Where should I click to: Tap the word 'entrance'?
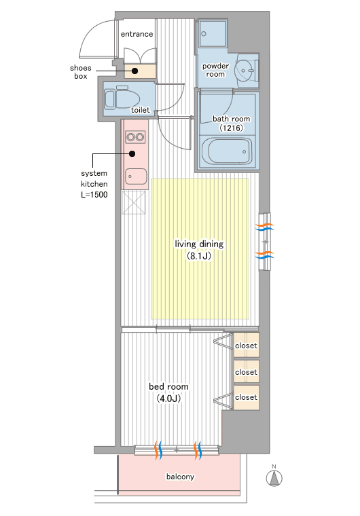(137, 34)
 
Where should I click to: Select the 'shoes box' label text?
(81, 72)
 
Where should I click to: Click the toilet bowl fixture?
(122, 98)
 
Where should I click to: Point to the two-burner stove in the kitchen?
(135, 136)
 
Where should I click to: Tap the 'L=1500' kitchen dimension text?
(94, 194)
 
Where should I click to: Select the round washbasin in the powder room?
(244, 70)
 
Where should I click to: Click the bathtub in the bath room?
(227, 151)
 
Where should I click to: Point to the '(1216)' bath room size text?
(231, 128)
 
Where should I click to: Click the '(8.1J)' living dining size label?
(199, 256)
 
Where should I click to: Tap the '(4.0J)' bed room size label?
(168, 399)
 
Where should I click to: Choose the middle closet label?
(246, 372)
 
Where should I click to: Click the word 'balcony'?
(180, 477)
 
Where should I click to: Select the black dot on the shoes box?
(134, 71)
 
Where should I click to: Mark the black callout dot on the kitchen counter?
(132, 153)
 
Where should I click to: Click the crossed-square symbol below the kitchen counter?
(133, 202)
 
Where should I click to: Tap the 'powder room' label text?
(215, 70)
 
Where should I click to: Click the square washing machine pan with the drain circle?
(213, 34)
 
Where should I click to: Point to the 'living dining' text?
(199, 244)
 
